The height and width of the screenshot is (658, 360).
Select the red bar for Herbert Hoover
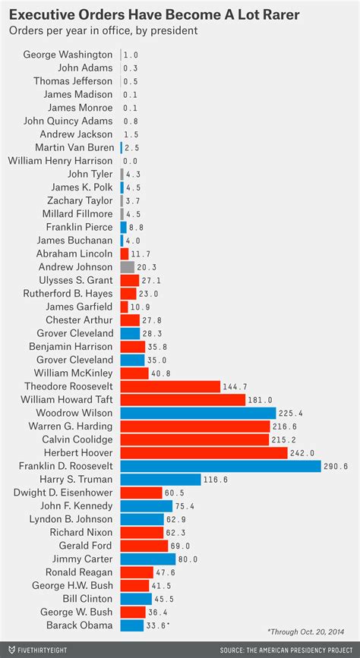(204, 453)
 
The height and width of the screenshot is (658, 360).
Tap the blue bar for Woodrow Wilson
(197, 413)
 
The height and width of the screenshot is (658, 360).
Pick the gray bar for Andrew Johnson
(127, 267)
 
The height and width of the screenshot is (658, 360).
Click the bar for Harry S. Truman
(160, 480)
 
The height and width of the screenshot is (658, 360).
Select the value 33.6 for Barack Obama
(157, 625)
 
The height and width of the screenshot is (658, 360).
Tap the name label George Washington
(68, 55)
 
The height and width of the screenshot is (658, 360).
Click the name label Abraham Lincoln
(75, 253)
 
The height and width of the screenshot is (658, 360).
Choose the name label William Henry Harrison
(60, 161)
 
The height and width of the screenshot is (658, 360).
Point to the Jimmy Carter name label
(83, 559)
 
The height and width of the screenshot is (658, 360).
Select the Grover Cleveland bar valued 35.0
(132, 360)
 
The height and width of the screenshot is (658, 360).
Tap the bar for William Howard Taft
(182, 400)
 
